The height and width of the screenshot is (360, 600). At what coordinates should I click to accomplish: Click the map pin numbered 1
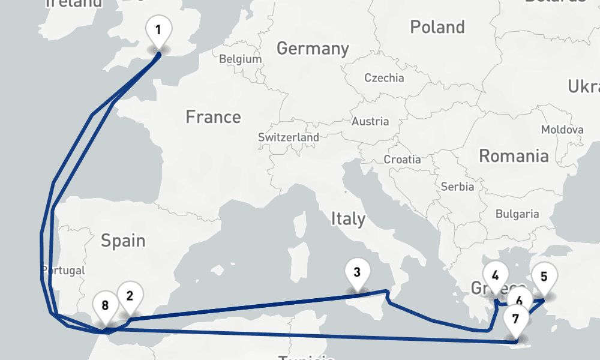[x=158, y=31]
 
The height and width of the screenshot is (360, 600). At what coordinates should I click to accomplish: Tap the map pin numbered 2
[x=130, y=295]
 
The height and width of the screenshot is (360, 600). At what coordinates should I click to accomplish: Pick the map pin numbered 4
[x=495, y=277]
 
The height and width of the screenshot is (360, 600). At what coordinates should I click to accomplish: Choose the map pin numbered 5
[x=544, y=277]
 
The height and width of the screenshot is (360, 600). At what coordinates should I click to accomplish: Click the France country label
[x=213, y=116]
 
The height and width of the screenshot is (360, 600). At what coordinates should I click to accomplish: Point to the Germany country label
[x=313, y=49]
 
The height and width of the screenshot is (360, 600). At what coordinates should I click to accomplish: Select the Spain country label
[x=123, y=241]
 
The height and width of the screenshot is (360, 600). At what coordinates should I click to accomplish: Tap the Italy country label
[x=348, y=219]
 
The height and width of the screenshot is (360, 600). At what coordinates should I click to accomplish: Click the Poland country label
[x=437, y=27]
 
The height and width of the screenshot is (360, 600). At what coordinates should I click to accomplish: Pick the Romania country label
[x=514, y=156]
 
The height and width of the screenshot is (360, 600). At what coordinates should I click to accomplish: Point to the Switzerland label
[x=289, y=137]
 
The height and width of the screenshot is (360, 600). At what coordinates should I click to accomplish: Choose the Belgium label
[x=241, y=59]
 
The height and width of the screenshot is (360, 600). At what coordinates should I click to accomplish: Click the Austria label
[x=370, y=121]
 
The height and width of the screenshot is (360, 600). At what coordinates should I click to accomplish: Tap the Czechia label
[x=385, y=78]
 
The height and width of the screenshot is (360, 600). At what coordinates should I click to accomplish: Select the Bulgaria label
[x=517, y=214]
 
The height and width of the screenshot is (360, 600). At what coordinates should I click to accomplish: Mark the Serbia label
[x=457, y=187]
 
